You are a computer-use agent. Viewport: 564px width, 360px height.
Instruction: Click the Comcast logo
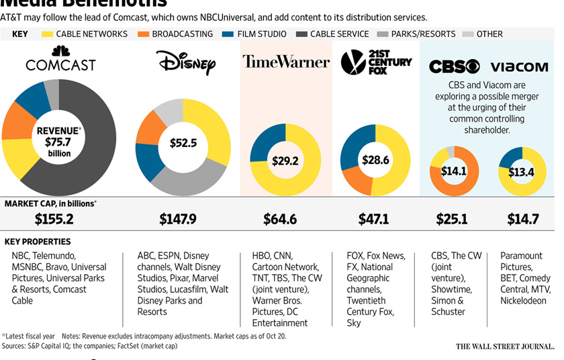[60, 60]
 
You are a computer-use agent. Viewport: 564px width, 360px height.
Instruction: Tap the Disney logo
[186, 63]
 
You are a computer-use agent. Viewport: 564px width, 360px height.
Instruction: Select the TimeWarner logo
[286, 62]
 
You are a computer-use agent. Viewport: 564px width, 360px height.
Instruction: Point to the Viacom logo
[519, 66]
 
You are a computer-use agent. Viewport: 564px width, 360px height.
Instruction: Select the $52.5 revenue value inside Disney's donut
[183, 143]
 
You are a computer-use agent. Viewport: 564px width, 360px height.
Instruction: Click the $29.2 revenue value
[285, 161]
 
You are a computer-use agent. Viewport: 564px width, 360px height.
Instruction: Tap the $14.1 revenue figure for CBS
[454, 171]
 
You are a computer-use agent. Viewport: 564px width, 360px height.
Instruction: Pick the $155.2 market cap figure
[54, 219]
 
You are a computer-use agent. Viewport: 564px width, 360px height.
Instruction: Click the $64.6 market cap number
[284, 219]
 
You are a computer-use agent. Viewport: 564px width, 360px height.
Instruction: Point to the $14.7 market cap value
[522, 219]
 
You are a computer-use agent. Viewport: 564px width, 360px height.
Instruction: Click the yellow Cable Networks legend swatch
[47, 34]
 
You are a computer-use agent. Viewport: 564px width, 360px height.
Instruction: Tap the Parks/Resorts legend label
[425, 34]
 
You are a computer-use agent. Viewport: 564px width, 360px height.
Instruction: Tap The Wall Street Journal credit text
[505, 347]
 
